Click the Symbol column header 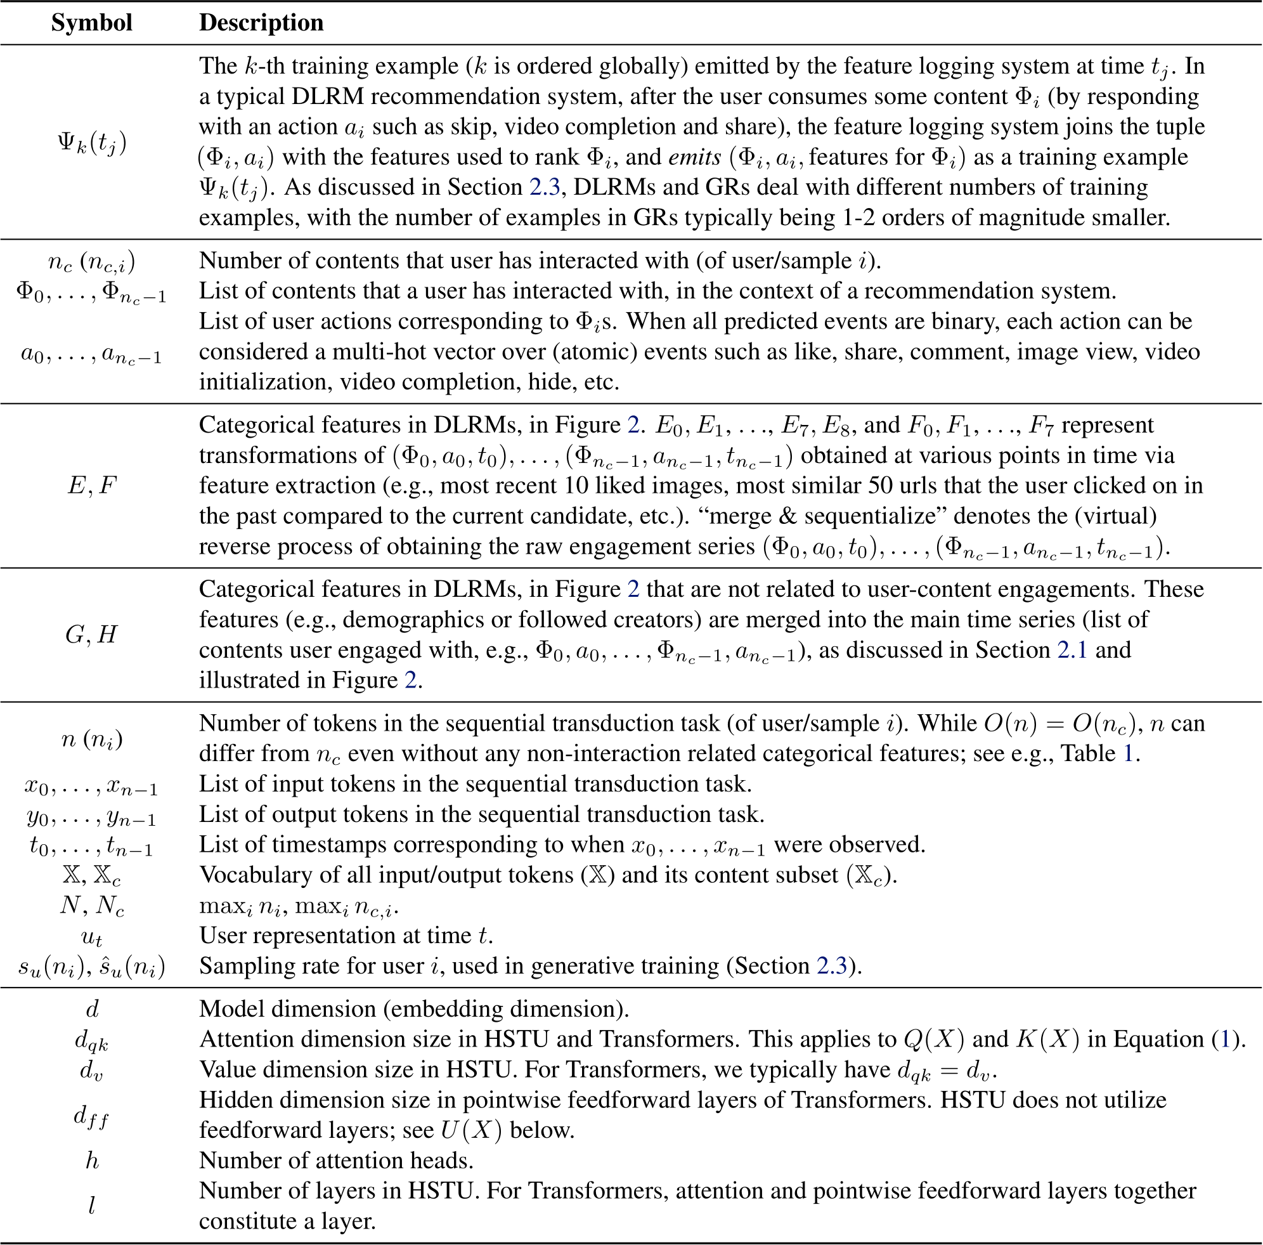(91, 23)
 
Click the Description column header (261, 23)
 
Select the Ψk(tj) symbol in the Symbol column (91, 142)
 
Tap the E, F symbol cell (91, 486)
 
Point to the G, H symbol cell (91, 634)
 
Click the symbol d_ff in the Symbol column (91, 1116)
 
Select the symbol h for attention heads (91, 1161)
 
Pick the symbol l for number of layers (91, 1206)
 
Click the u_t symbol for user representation (91, 937)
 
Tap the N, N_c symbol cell (91, 906)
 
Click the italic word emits (694, 157)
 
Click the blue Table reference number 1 (1129, 754)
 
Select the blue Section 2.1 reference (1072, 650)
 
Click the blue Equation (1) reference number (1225, 1040)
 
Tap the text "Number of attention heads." (336, 1161)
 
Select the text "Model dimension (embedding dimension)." (414, 1009)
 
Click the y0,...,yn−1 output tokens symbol (91, 816)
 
